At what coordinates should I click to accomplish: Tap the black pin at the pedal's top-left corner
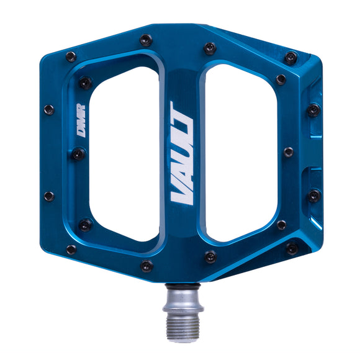[x=71, y=56]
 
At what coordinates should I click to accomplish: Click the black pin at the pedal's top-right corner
[x=290, y=58]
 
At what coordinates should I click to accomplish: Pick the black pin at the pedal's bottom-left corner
[x=71, y=250]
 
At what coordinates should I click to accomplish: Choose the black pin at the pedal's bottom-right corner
[x=292, y=248]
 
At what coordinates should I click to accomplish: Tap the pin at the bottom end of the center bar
[x=146, y=266]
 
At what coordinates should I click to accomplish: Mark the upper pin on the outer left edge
[x=48, y=110]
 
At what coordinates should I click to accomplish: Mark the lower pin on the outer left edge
[x=48, y=196]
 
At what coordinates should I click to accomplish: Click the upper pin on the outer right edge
[x=314, y=110]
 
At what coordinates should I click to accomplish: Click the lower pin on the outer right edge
[x=314, y=196]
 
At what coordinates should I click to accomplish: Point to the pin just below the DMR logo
[x=78, y=153]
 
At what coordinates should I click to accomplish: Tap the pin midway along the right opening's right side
[x=288, y=152]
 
